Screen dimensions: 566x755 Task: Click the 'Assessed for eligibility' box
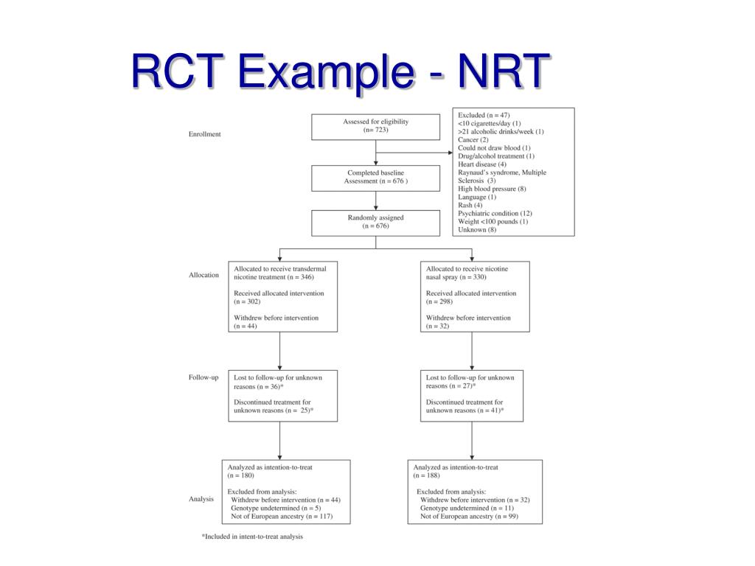point(375,126)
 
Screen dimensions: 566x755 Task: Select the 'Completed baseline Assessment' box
point(375,177)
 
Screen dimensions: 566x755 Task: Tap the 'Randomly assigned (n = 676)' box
point(375,222)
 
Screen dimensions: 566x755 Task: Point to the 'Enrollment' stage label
point(204,134)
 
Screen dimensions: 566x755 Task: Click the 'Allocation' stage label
point(203,275)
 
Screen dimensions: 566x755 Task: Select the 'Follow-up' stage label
point(203,377)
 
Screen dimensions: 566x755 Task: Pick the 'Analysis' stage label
point(201,499)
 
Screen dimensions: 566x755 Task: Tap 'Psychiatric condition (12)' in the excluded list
point(495,213)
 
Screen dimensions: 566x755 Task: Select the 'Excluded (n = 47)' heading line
point(484,116)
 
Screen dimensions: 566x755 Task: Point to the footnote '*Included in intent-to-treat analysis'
point(252,537)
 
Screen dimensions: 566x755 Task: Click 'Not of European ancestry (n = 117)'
point(282,516)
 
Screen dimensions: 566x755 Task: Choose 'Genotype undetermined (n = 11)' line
point(467,508)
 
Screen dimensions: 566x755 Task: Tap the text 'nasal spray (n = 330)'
point(456,277)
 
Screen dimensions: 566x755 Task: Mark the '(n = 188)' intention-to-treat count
point(426,475)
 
